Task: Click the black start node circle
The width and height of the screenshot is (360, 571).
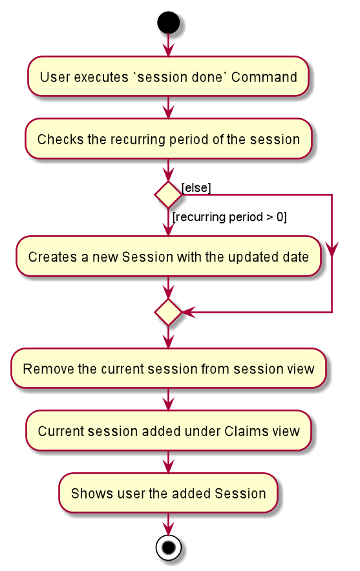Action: click(x=168, y=22)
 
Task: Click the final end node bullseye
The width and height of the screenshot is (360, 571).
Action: click(x=168, y=547)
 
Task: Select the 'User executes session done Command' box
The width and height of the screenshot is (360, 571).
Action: click(x=168, y=76)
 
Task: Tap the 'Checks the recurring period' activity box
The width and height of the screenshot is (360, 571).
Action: click(x=168, y=139)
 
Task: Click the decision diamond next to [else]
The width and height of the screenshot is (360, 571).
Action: click(x=168, y=194)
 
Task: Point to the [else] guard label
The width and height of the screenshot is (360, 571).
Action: click(x=196, y=188)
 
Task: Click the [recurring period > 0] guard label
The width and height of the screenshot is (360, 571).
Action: click(x=229, y=217)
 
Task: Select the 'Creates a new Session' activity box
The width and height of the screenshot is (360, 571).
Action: click(x=168, y=256)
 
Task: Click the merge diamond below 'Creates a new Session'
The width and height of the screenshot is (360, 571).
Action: click(x=168, y=312)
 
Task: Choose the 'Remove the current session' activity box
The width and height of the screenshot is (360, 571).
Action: click(x=168, y=368)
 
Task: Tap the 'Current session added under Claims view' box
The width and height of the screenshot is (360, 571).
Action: click(x=168, y=431)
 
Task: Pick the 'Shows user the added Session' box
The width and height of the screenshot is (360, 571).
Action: click(x=168, y=493)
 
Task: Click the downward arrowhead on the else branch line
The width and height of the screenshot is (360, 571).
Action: click(x=332, y=249)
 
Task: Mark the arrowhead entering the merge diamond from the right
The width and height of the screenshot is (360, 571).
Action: click(x=188, y=312)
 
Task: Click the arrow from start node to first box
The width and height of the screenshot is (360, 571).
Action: click(x=168, y=45)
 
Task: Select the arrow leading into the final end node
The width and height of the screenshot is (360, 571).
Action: click(x=168, y=524)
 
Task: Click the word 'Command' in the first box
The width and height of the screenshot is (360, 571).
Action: click(x=264, y=78)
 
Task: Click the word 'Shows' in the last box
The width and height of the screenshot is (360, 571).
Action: click(x=87, y=493)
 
